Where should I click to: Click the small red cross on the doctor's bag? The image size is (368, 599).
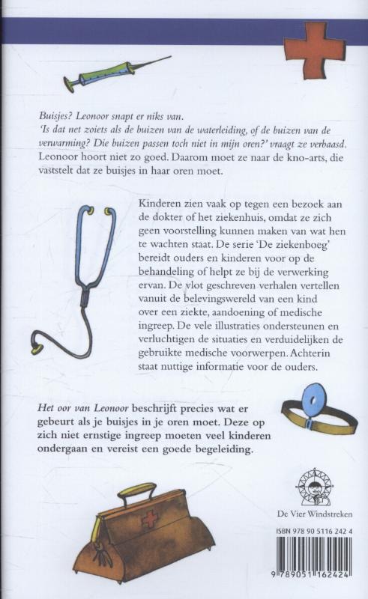(151, 518)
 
